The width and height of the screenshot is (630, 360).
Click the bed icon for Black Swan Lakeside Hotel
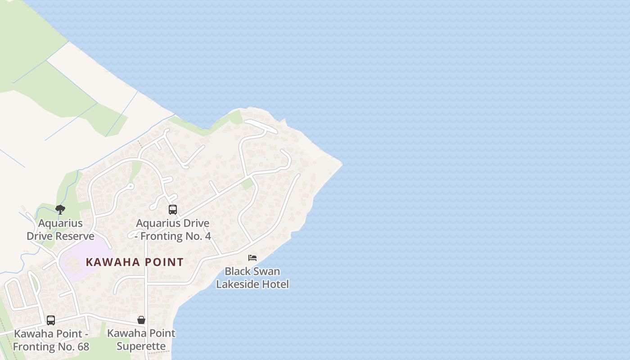click(252, 258)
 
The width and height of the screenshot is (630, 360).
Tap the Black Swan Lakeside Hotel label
click(252, 278)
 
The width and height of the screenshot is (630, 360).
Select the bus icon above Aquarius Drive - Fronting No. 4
click(173, 210)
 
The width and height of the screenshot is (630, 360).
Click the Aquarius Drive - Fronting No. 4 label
click(173, 229)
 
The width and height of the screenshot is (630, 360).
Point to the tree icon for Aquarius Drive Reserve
click(60, 209)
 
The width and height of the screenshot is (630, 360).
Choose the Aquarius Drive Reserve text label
click(61, 229)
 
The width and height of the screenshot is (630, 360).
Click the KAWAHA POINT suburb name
click(135, 262)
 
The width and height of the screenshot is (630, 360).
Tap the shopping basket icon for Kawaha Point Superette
click(141, 320)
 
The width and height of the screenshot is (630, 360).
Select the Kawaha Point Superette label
click(141, 340)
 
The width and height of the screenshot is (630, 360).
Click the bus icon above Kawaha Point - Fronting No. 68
click(51, 320)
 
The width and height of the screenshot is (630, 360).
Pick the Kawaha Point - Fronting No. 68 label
click(51, 340)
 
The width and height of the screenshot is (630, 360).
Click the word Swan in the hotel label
click(266, 271)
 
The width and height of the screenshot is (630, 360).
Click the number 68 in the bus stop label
click(83, 346)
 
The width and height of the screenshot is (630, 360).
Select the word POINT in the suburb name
click(163, 262)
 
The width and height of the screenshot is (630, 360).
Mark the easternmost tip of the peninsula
click(342, 164)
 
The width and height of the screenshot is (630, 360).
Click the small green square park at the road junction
click(247, 184)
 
